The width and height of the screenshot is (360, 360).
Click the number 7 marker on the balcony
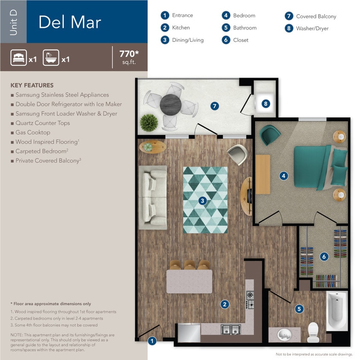click(215, 106)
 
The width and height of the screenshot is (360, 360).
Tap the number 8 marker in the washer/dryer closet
click(266, 104)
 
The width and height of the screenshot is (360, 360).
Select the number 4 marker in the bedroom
click(283, 175)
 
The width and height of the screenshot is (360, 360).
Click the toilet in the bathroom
click(313, 331)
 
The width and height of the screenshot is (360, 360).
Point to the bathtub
click(337, 311)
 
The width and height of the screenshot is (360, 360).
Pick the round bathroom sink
click(285, 334)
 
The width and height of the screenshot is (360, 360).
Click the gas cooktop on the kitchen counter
click(250, 299)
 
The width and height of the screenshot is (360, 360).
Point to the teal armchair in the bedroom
click(270, 135)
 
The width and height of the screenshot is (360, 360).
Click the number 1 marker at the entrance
click(152, 341)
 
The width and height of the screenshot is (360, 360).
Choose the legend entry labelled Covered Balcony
click(316, 16)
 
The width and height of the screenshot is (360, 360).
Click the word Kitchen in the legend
click(181, 28)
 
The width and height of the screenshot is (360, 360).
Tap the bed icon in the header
click(19, 58)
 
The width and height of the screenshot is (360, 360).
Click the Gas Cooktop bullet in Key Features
click(33, 133)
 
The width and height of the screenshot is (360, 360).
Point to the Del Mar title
click(70, 22)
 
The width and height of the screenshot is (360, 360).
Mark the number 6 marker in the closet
click(324, 257)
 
